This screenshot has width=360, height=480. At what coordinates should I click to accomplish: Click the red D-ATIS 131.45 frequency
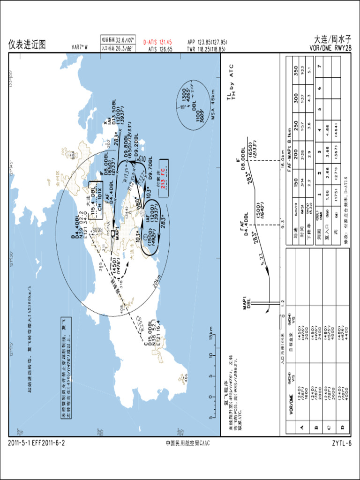(157, 42)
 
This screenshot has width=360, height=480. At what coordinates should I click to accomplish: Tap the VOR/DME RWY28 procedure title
(330, 48)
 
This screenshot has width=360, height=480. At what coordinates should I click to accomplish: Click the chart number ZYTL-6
(342, 443)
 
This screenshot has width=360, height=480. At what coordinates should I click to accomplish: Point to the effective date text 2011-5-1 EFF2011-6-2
(36, 443)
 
